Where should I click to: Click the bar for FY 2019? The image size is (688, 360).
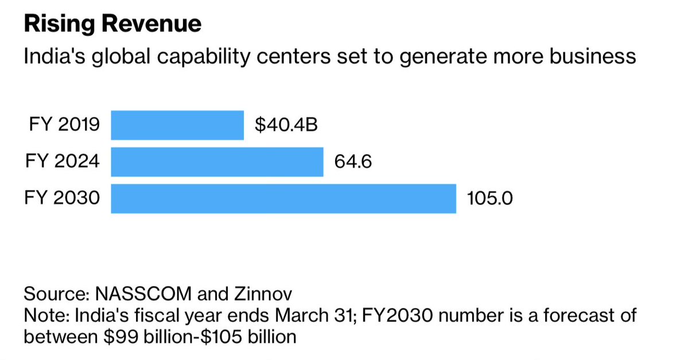[177, 125]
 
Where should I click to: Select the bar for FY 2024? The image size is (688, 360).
[217, 162]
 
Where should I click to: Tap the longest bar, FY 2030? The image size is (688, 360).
[283, 199]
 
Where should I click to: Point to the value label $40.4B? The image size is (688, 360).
[286, 125]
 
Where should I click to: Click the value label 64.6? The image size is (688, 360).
[353, 162]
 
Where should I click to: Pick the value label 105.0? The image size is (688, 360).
[489, 199]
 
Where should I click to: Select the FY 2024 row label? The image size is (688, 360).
[63, 162]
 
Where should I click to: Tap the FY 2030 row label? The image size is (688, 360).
[63, 199]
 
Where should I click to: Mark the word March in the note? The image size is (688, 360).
[318, 316]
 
